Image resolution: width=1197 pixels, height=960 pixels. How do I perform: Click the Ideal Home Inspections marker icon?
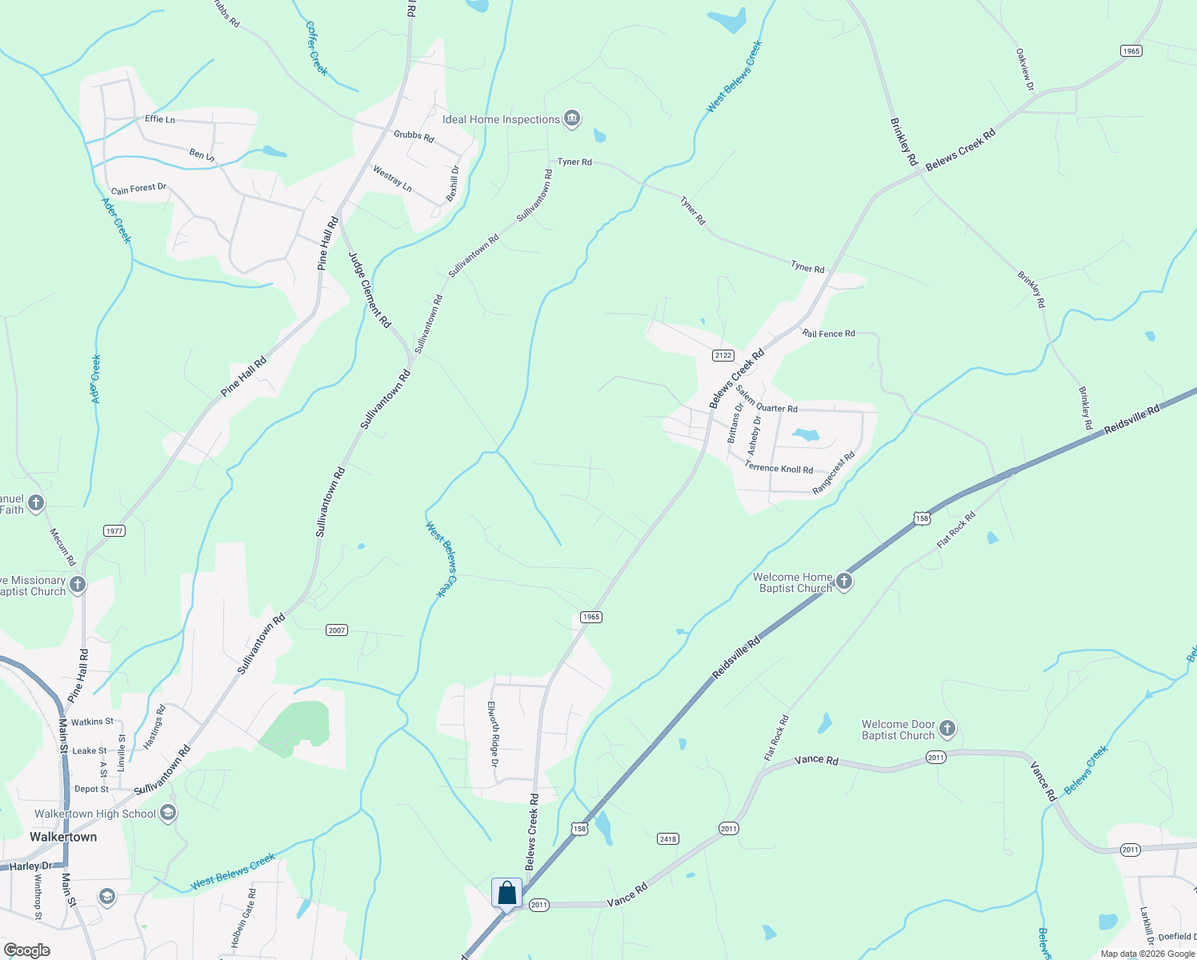(572, 119)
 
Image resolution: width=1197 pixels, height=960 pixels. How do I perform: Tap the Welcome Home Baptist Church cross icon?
(844, 582)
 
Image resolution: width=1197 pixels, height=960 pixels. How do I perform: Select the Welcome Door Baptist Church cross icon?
(947, 729)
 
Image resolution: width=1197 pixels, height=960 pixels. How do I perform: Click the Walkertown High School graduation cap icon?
(168, 814)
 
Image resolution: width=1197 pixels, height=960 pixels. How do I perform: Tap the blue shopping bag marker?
(507, 894)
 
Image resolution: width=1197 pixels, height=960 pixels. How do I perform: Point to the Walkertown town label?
(63, 837)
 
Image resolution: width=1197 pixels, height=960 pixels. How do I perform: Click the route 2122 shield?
(723, 355)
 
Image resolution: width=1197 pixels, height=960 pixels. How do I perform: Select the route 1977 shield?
(114, 530)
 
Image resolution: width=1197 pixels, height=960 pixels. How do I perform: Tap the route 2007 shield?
(337, 630)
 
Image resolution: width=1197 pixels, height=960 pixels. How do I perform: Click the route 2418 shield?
(668, 838)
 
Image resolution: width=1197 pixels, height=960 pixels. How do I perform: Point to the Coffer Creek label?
(317, 49)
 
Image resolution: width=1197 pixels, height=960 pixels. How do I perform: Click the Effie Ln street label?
(160, 119)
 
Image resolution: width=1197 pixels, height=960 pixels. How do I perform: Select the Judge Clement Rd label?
(370, 290)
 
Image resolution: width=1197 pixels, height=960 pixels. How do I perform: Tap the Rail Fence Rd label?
(829, 334)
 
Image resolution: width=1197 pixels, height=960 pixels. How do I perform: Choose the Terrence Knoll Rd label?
(779, 468)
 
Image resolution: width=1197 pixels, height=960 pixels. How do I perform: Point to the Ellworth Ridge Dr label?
(494, 734)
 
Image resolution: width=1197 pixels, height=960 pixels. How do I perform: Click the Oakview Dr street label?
(1025, 69)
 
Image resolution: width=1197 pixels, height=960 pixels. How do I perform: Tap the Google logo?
(27, 950)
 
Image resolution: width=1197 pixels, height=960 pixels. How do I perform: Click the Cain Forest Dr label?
(139, 189)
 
